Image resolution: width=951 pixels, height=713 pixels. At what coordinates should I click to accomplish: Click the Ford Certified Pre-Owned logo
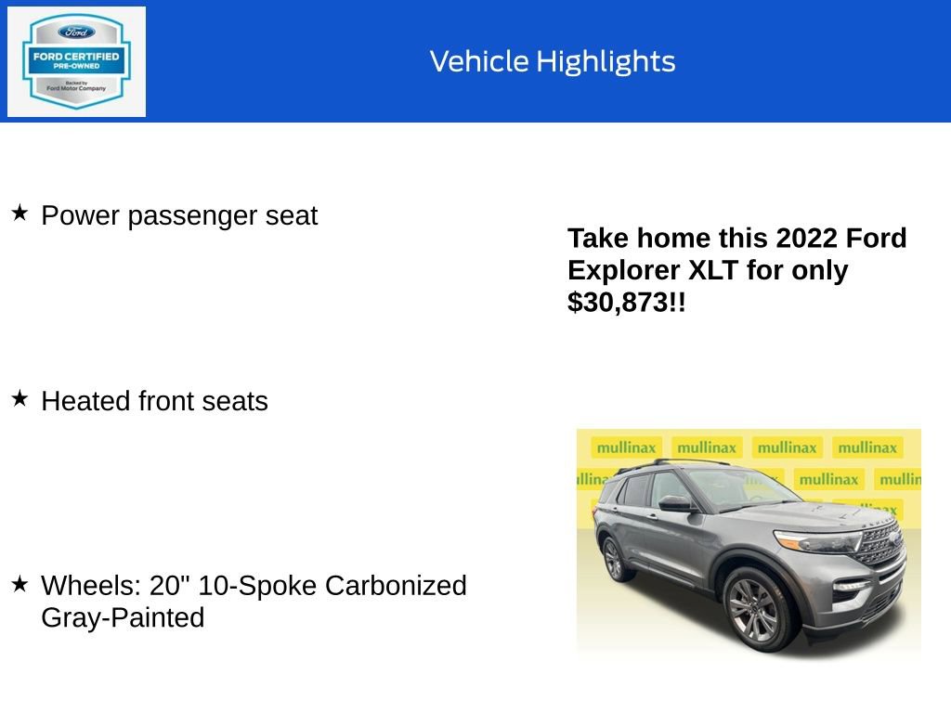76,62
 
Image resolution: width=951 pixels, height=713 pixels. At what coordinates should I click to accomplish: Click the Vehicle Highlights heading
553,61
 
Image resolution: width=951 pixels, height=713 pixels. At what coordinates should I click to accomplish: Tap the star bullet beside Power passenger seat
20,214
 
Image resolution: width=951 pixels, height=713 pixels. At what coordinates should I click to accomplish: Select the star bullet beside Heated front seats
20,399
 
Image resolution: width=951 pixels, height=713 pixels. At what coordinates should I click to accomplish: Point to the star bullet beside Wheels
20,584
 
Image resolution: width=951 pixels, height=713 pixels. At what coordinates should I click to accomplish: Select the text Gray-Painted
123,617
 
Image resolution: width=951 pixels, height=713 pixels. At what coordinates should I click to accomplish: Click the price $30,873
619,302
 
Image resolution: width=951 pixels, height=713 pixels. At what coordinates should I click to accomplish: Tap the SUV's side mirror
674,503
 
